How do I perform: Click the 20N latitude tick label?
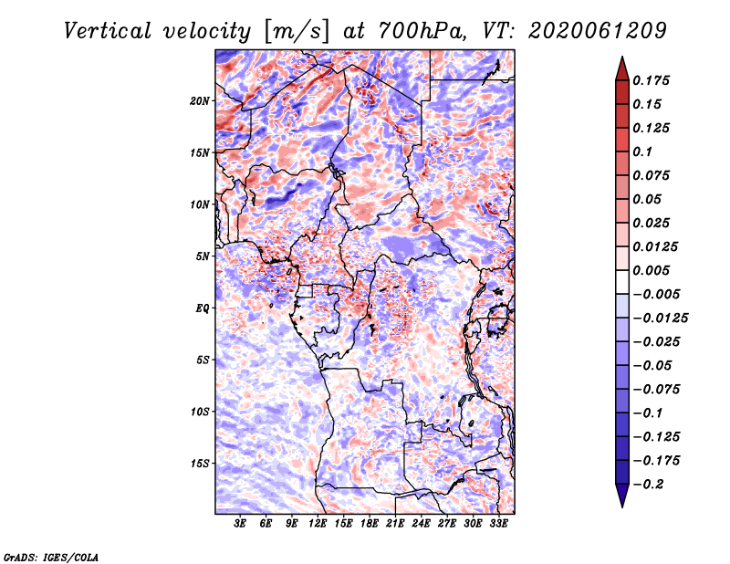click(x=200, y=100)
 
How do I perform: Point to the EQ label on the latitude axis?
click(x=203, y=308)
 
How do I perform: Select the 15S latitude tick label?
click(x=200, y=464)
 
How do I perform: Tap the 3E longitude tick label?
click(x=240, y=524)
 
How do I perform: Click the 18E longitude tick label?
click(x=370, y=524)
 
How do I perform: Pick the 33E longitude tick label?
click(x=499, y=524)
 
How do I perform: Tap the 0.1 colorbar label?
click(x=644, y=151)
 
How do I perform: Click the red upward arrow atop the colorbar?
click(x=621, y=67)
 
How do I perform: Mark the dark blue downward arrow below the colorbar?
click(x=621, y=496)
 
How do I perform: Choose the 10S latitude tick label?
click(x=200, y=412)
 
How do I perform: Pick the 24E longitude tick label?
click(x=422, y=524)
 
